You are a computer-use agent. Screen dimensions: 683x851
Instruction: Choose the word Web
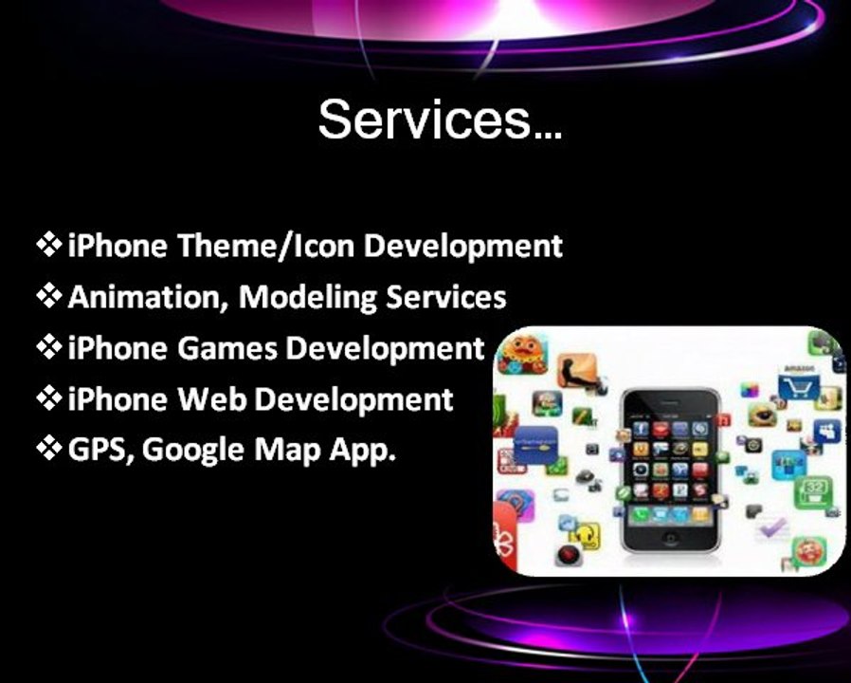[210, 399]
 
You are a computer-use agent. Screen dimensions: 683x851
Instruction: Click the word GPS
[101, 449]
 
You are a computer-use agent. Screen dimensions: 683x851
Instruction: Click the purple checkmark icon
[771, 527]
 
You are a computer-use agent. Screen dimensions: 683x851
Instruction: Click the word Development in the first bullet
[462, 246]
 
